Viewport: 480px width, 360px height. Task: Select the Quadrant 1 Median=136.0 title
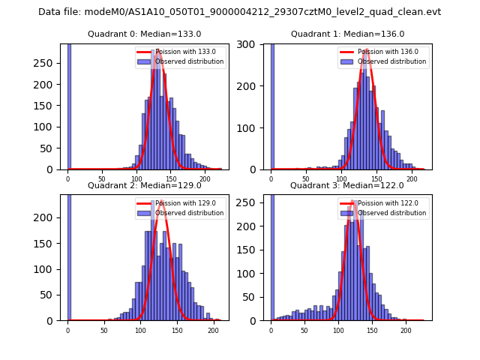click(x=347, y=34)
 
